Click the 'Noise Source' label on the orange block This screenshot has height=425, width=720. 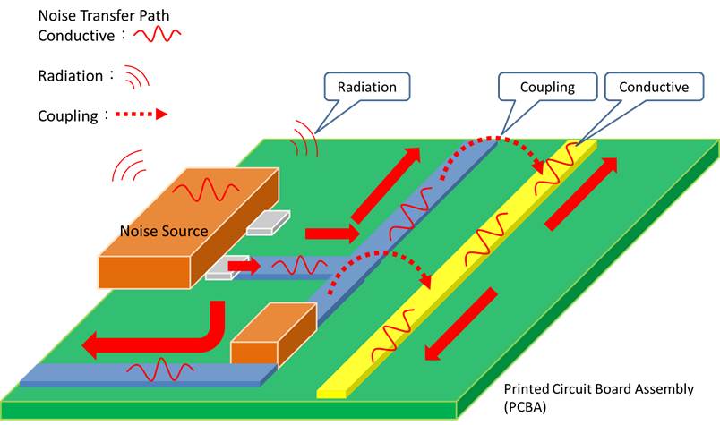click(x=164, y=231)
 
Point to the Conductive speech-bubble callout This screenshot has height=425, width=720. click(x=653, y=88)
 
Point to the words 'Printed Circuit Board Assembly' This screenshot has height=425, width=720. click(x=598, y=389)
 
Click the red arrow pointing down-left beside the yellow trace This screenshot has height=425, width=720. click(x=460, y=323)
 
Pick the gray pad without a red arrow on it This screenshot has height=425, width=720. click(x=269, y=224)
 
